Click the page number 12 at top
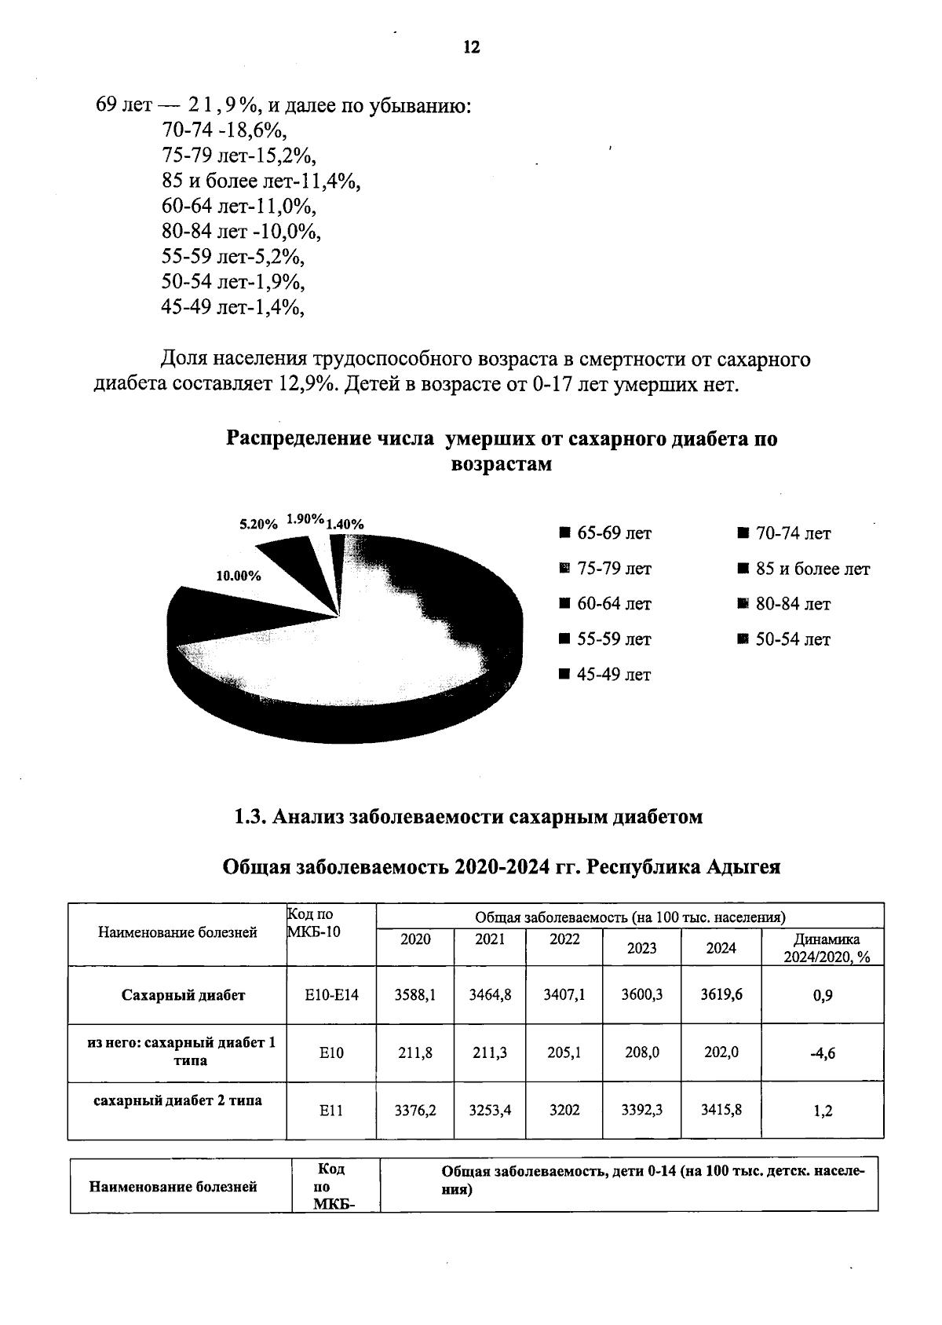(x=472, y=47)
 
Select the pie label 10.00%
(x=238, y=576)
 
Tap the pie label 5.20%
(x=258, y=524)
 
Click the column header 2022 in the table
(x=564, y=939)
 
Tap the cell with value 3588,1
(x=415, y=994)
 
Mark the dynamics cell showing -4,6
(x=822, y=1054)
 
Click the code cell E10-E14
(x=331, y=994)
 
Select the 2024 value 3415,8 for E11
(x=721, y=1110)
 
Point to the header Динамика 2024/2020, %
(x=822, y=947)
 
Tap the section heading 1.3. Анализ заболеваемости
(x=468, y=817)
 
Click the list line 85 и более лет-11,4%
(x=261, y=181)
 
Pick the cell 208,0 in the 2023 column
(x=641, y=1052)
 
